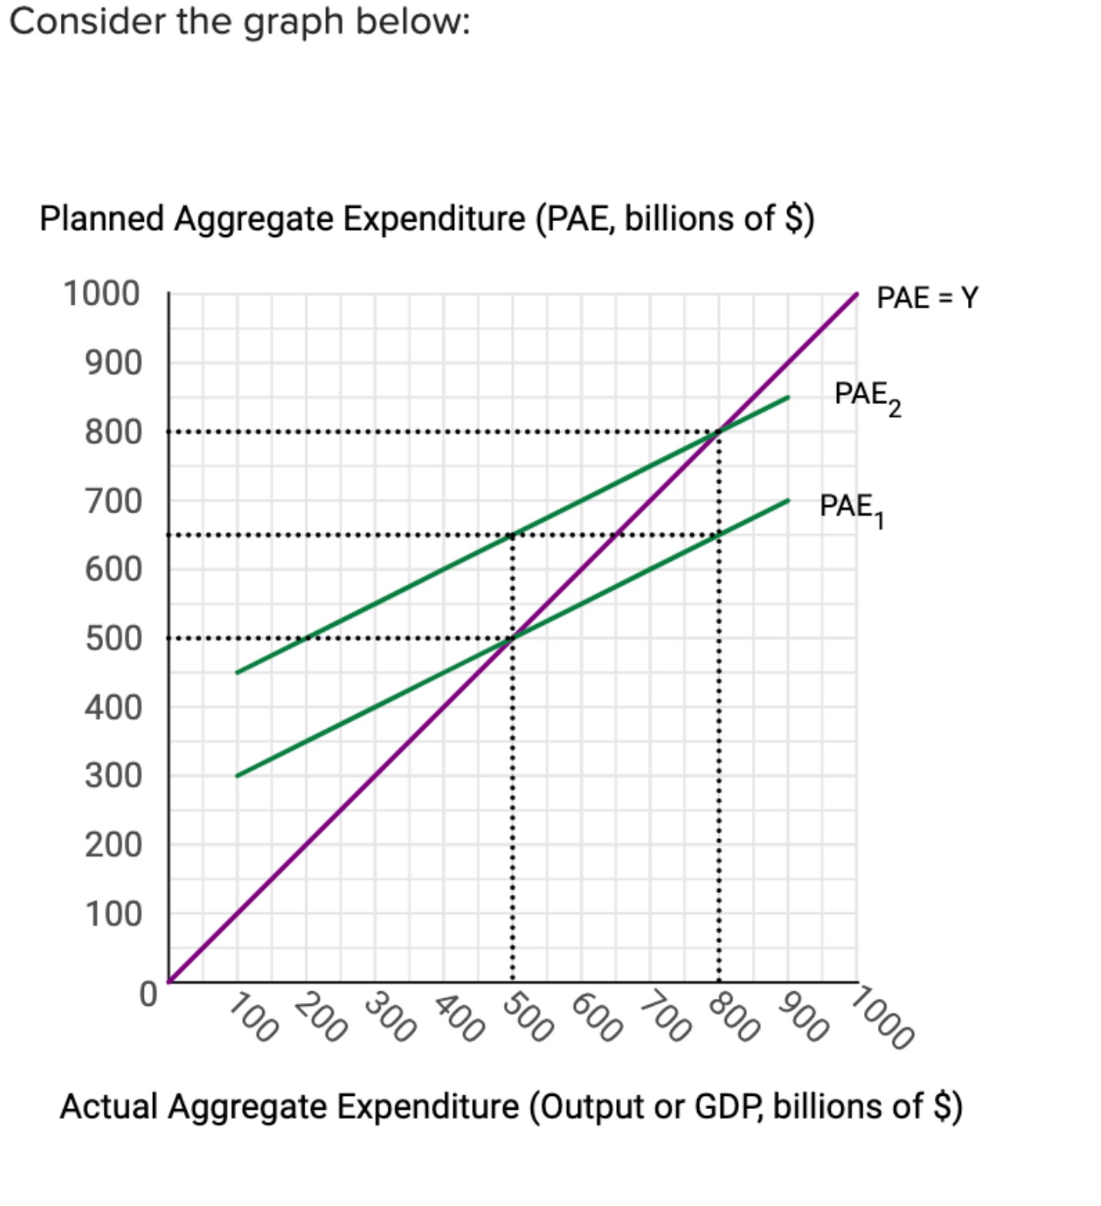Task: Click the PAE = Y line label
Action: pos(926,297)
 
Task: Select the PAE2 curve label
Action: pos(866,396)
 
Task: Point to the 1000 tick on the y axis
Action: pos(102,294)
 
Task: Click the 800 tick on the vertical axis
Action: pos(113,432)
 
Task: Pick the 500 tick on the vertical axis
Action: pos(113,638)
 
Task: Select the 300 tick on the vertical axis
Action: pos(113,776)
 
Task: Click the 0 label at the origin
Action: pos(148,994)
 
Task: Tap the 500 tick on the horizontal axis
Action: pos(527,1017)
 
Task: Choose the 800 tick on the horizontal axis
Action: pos(733,1017)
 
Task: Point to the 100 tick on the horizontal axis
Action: pos(252,1017)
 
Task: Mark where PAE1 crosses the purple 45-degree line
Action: pos(512,638)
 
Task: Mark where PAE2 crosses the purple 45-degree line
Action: pos(719,432)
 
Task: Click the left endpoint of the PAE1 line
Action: pos(237,776)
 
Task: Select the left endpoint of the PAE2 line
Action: pos(237,673)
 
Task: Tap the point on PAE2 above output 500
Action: pos(512,535)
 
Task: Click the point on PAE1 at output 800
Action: pos(719,535)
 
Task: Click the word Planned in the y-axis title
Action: pos(103,219)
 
